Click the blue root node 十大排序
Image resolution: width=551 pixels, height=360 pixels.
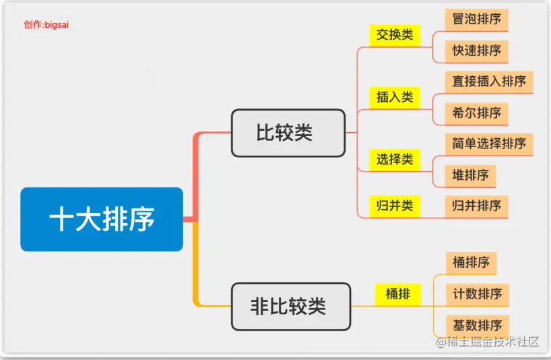(x=102, y=219)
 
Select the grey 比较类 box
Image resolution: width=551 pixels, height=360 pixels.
(x=288, y=133)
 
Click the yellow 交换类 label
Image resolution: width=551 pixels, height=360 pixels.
(x=395, y=35)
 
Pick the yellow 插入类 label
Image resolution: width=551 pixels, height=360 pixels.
(x=395, y=97)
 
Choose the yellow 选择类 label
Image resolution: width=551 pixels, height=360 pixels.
(x=395, y=160)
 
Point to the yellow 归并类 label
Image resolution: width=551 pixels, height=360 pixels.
(x=395, y=206)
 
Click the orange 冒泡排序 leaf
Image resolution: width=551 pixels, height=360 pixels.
(x=477, y=20)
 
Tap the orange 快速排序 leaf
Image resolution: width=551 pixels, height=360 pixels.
(x=477, y=51)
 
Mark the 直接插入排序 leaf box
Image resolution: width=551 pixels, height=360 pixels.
(x=489, y=82)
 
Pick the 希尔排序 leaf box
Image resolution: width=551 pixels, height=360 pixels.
(x=477, y=113)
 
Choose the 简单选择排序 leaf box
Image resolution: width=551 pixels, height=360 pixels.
(x=489, y=144)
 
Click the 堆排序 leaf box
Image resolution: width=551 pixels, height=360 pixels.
(x=470, y=175)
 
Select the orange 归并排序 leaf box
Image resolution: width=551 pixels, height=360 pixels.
(x=477, y=206)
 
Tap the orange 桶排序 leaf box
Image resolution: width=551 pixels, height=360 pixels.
(x=471, y=262)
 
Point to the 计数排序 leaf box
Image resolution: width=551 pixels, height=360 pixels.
(x=477, y=294)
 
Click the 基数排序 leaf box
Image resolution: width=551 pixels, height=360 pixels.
(x=477, y=325)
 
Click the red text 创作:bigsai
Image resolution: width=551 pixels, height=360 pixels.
(x=46, y=25)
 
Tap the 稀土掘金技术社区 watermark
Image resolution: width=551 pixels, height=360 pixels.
(x=488, y=342)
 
